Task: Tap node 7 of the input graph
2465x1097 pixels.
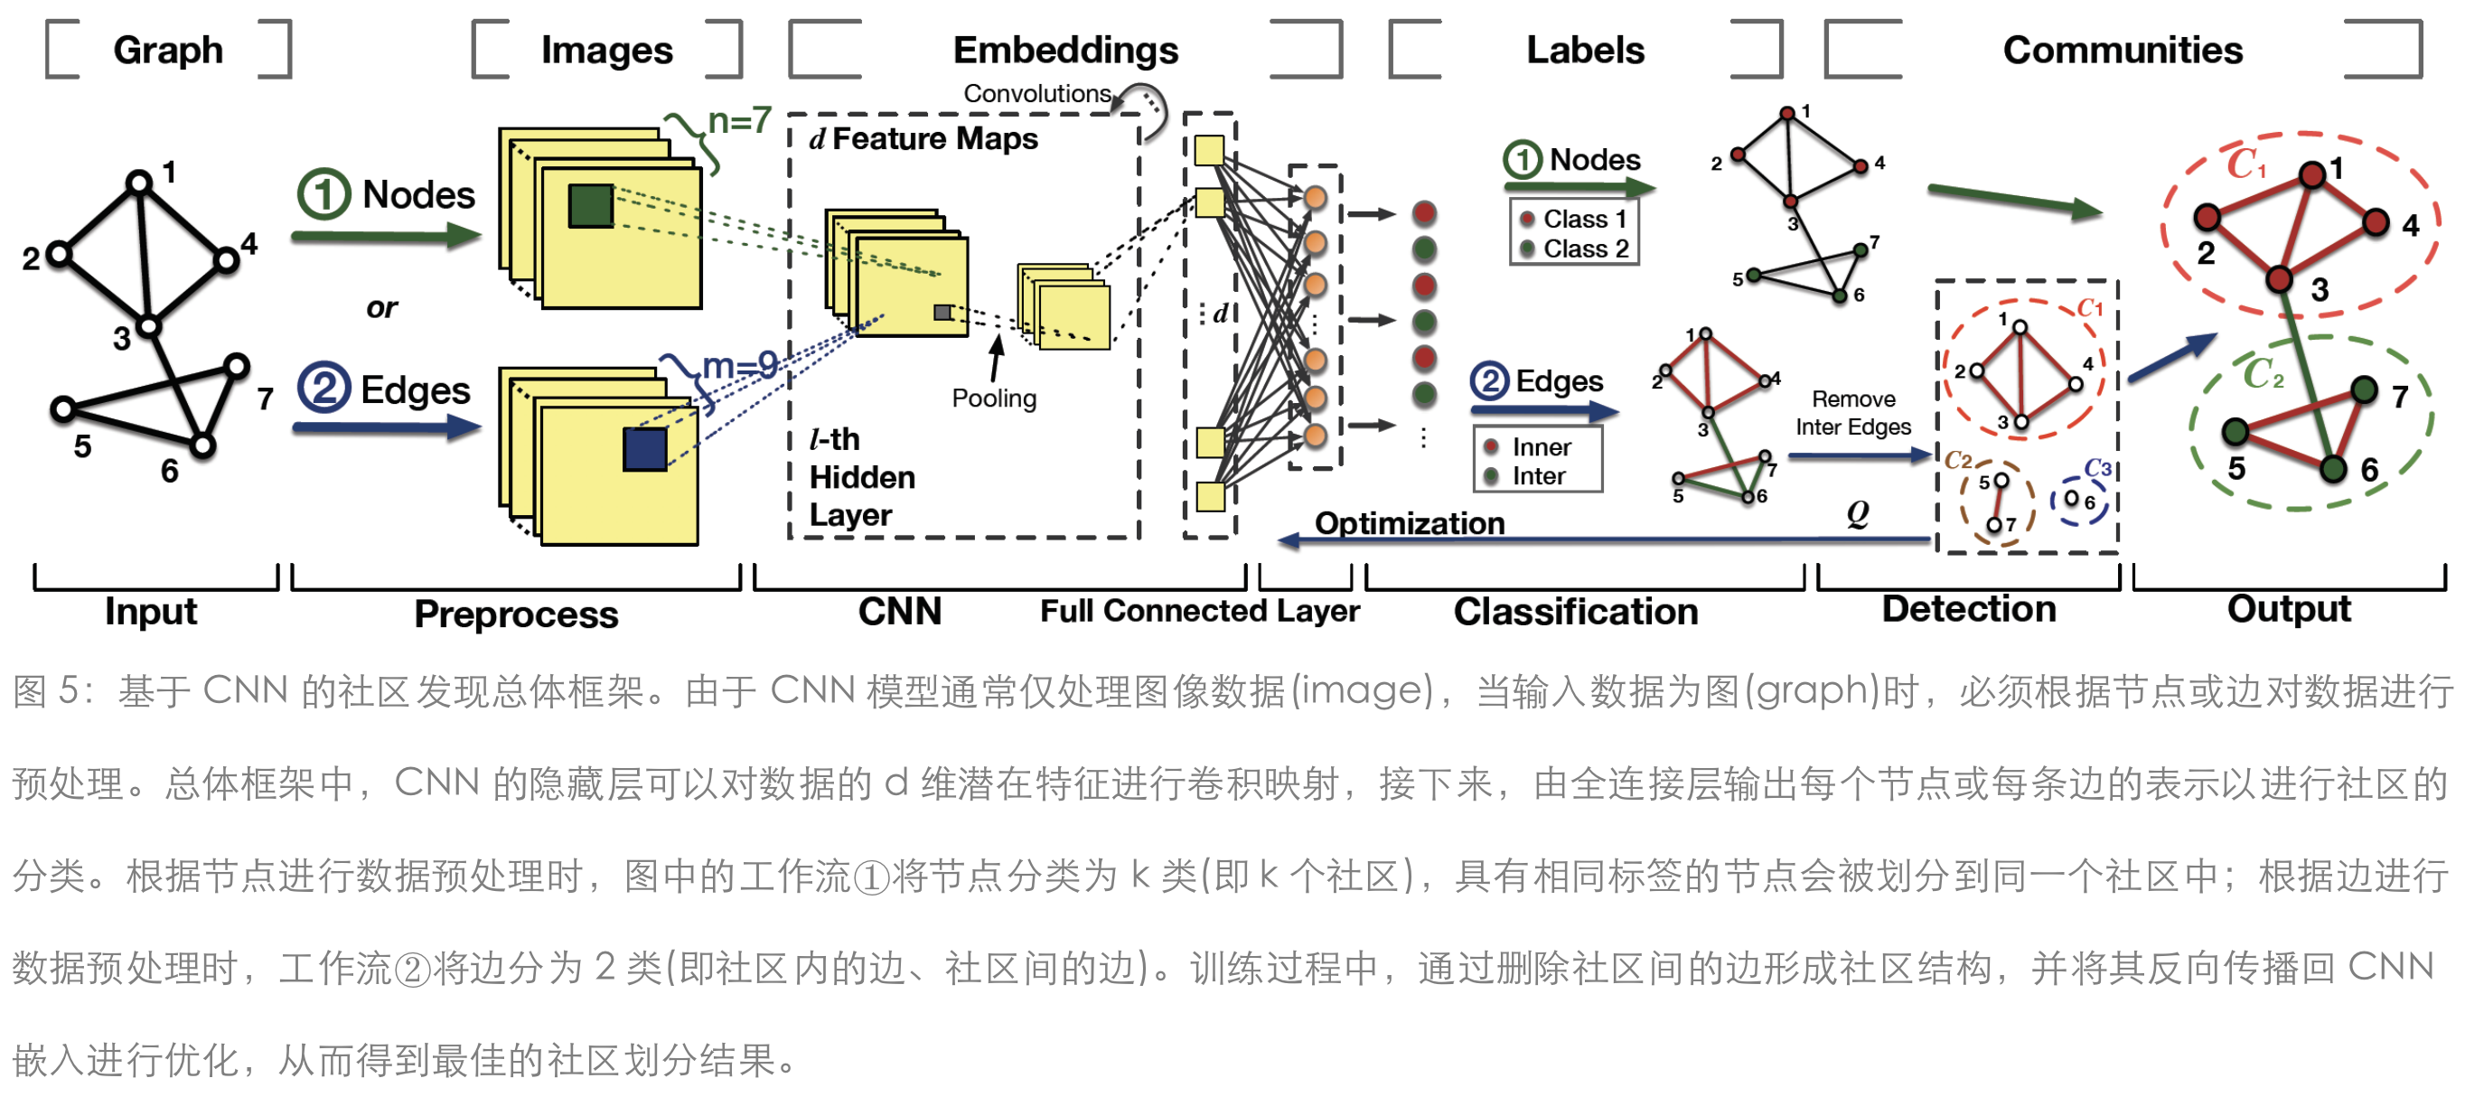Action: click(237, 366)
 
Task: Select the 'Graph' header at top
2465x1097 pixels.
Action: click(167, 50)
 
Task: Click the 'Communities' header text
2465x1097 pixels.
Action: click(2122, 50)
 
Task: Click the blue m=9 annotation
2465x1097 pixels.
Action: click(739, 366)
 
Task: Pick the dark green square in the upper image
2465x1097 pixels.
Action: click(590, 206)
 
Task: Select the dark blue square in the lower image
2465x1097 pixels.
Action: click(644, 449)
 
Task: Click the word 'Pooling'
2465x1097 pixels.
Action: click(993, 398)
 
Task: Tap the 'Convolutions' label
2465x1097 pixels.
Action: click(1036, 94)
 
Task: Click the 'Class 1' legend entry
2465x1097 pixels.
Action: click(1584, 220)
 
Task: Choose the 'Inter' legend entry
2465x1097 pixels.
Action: click(1538, 475)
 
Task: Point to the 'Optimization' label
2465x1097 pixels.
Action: click(1409, 522)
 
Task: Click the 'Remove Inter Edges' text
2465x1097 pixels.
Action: click(1852, 413)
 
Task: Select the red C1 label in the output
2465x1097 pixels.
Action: click(2245, 164)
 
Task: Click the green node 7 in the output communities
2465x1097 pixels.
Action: click(2364, 389)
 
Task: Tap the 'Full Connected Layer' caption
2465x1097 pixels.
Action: click(1199, 611)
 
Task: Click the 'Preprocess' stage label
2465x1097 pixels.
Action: click(516, 614)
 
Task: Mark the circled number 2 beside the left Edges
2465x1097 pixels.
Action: click(323, 389)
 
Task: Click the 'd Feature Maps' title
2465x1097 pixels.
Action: click(923, 139)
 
